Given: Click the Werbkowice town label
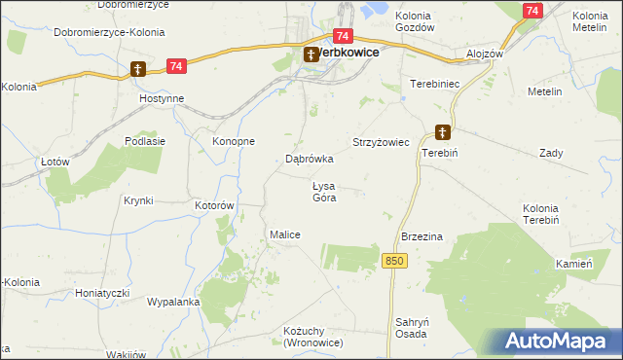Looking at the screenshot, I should click(x=348, y=54).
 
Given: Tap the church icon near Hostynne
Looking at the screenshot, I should click(x=139, y=69).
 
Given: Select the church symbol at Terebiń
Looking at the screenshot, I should click(x=442, y=132).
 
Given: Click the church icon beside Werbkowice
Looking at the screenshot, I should click(x=311, y=54).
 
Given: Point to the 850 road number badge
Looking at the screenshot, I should click(x=393, y=261).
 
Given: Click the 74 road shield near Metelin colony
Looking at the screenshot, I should click(x=531, y=10).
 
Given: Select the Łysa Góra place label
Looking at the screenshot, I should click(x=323, y=192).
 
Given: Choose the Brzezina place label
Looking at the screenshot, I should click(x=422, y=236).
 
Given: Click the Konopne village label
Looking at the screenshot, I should click(x=234, y=141).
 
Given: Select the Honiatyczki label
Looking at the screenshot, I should click(x=104, y=292).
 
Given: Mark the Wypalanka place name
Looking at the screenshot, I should click(x=173, y=302).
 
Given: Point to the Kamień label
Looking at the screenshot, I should click(x=574, y=265).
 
